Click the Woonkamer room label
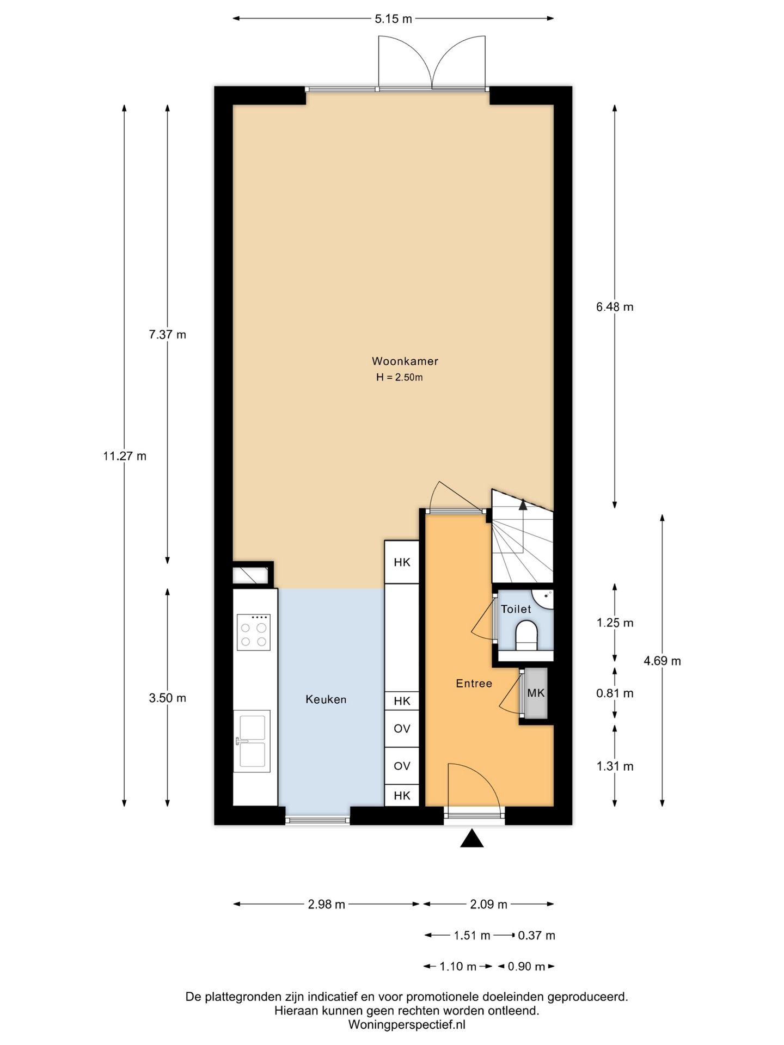coord(405,361)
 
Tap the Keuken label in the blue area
coord(326,700)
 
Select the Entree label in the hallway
coord(474,684)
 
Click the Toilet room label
coord(516,609)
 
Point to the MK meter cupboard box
coord(536,693)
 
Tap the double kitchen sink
coord(252,741)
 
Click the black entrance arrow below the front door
coord(472,838)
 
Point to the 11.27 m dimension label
coord(125,456)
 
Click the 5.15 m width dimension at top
coord(393,19)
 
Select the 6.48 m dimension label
coord(615,307)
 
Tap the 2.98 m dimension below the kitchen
coord(326,905)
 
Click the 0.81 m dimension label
coord(615,693)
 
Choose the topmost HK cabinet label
coord(402,562)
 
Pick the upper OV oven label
coord(402,728)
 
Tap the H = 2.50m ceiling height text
coord(399,377)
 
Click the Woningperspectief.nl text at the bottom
coord(407,1025)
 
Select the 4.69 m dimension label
coord(662,661)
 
